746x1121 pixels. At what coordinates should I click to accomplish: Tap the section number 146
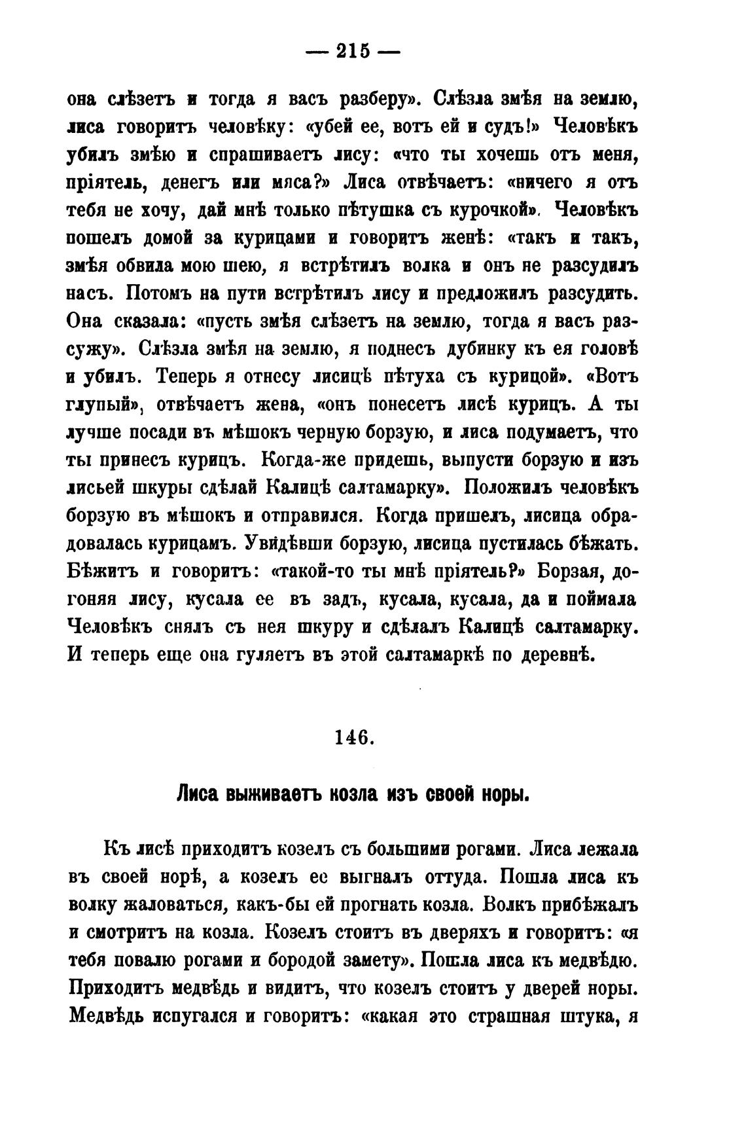coord(354,738)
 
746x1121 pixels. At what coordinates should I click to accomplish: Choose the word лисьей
coord(101,488)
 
